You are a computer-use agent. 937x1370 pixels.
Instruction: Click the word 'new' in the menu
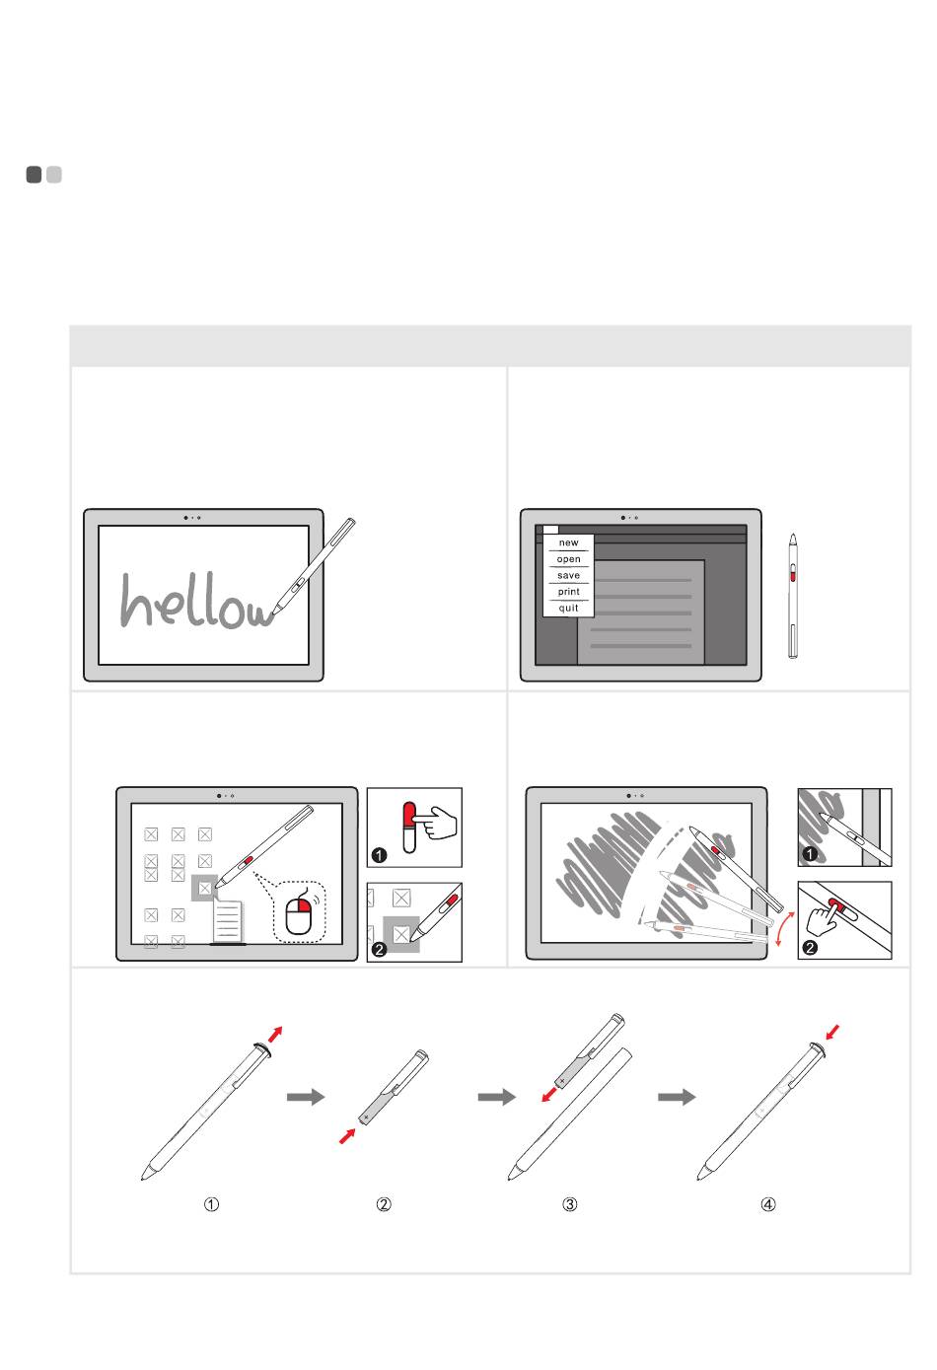click(568, 542)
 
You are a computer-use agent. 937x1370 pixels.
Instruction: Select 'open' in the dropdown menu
click(568, 559)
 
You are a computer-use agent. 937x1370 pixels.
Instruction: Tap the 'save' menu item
click(568, 576)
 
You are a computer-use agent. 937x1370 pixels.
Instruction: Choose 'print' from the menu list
click(568, 592)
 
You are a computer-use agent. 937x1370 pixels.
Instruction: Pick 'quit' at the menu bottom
click(568, 608)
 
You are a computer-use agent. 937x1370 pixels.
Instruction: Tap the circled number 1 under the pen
click(211, 1204)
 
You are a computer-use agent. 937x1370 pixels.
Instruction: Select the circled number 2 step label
click(384, 1204)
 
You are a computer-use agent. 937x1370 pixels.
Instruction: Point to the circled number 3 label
click(569, 1204)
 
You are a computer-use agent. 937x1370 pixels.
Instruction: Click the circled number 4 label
click(768, 1204)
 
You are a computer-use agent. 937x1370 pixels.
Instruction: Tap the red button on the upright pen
click(793, 575)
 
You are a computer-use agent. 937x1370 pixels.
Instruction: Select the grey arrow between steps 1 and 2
click(306, 1097)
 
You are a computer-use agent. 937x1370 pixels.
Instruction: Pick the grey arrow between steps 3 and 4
click(677, 1097)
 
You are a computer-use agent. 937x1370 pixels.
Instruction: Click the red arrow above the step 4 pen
click(832, 1032)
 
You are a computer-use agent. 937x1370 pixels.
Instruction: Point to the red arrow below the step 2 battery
click(347, 1136)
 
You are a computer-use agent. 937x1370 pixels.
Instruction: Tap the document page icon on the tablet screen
click(228, 921)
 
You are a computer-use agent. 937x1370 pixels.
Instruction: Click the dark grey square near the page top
click(34, 175)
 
